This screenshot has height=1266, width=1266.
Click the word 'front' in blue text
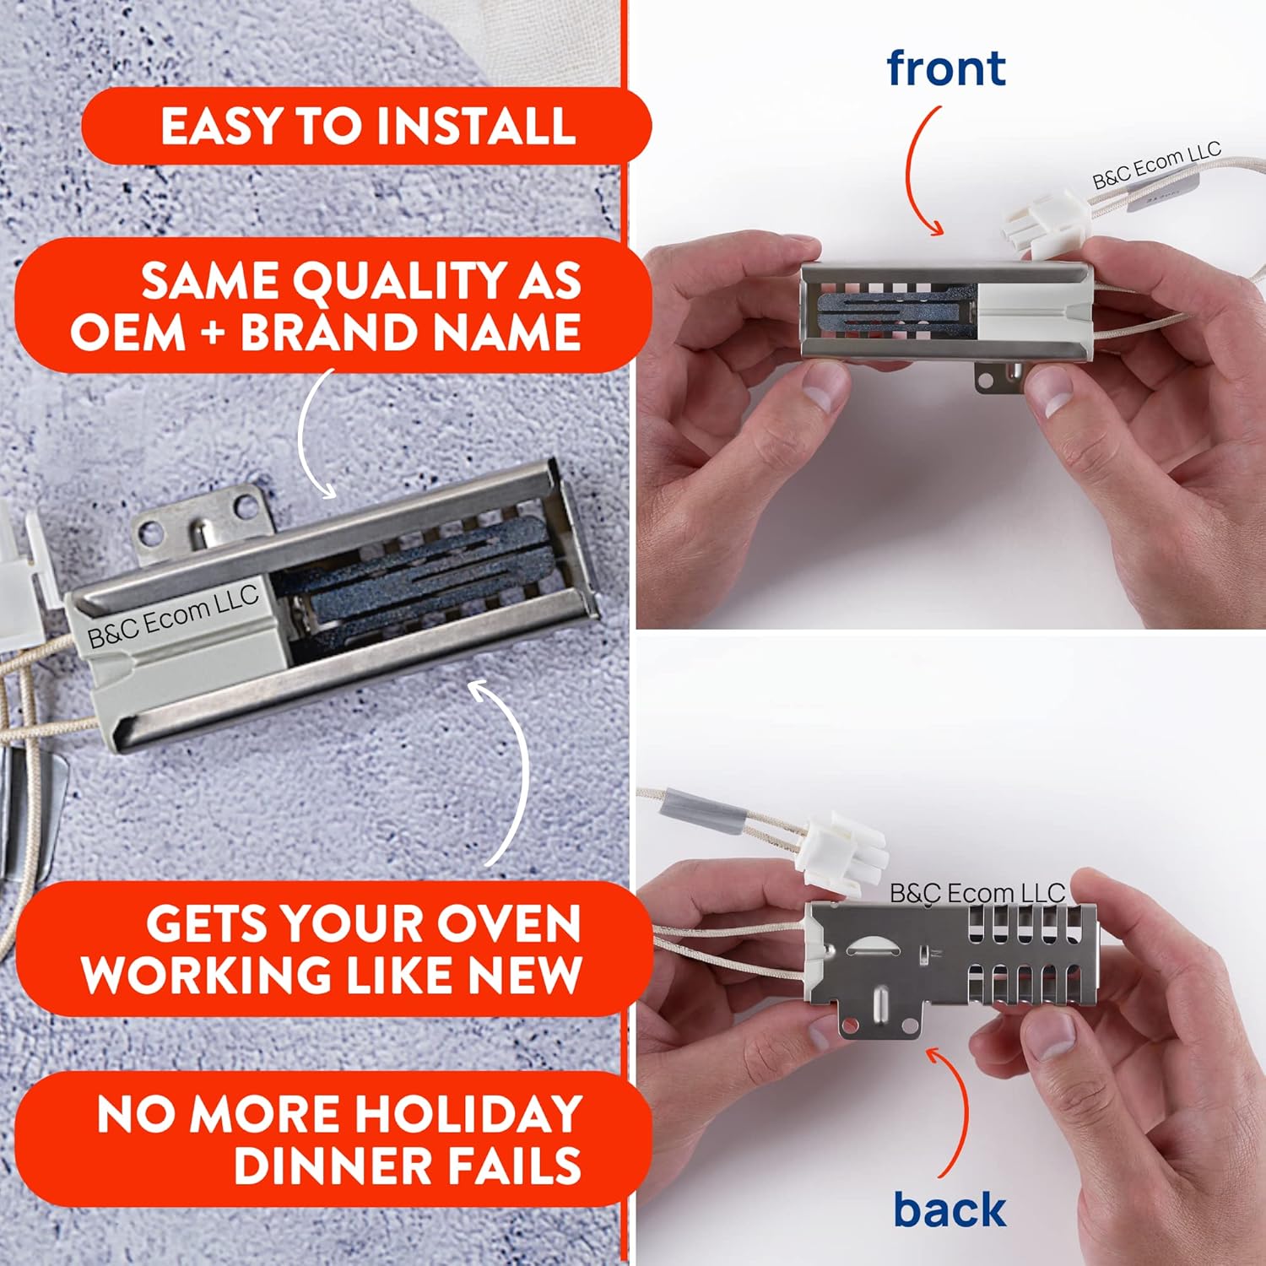(x=945, y=69)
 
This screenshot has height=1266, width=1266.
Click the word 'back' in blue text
(x=949, y=1209)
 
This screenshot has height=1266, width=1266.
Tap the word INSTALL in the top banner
(x=475, y=127)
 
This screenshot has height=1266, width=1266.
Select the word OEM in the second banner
(x=127, y=332)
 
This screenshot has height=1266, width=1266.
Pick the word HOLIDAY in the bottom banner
(x=468, y=1114)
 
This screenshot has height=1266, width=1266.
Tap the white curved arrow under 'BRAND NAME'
(x=310, y=435)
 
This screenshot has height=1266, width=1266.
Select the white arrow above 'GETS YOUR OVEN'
(x=511, y=772)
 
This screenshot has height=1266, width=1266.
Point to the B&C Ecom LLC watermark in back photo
(x=977, y=893)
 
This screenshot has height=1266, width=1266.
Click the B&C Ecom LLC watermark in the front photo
(x=1156, y=166)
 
